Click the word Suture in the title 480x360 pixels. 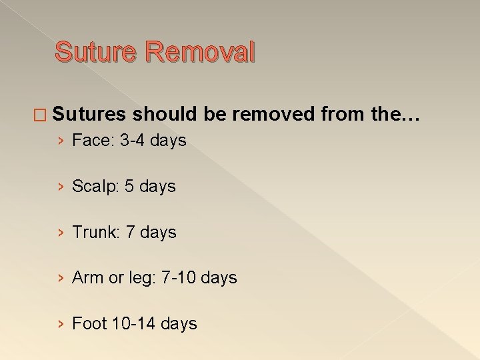tap(96, 52)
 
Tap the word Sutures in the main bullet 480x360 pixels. tap(89, 115)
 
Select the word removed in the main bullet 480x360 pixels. tap(273, 115)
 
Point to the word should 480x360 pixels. tap(165, 115)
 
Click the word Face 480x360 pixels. tap(86, 141)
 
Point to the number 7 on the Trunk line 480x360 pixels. tap(130, 233)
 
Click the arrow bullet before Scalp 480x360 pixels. tap(61, 187)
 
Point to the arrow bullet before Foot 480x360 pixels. tap(61, 325)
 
